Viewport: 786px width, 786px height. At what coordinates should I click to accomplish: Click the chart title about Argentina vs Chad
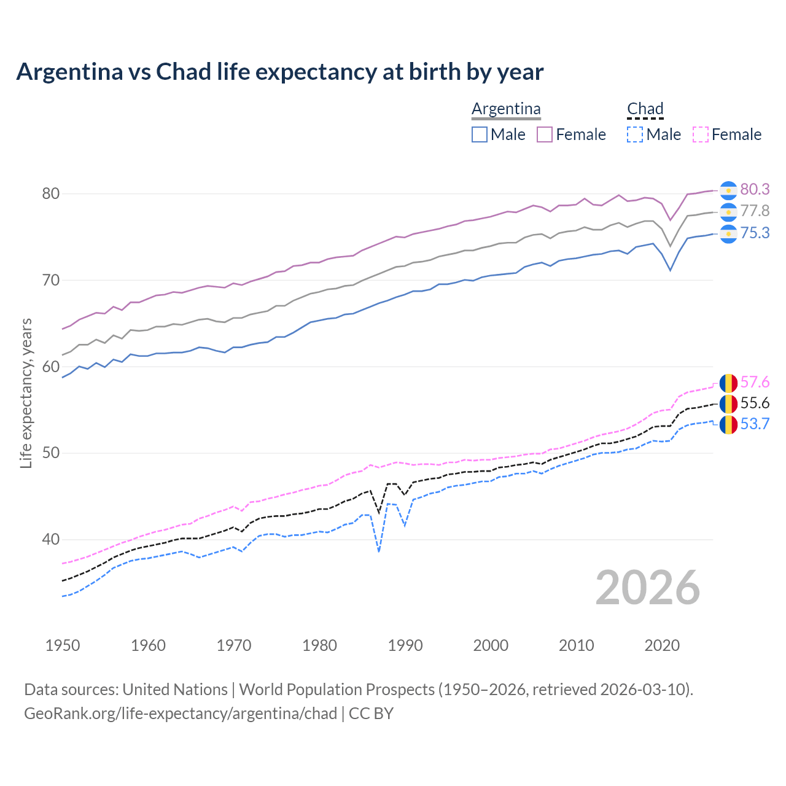280,72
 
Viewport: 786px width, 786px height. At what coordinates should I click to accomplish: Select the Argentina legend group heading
506,109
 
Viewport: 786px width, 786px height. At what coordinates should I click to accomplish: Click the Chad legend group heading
645,109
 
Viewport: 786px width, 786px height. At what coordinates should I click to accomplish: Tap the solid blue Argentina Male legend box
480,134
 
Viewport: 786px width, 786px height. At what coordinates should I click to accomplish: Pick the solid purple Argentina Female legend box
545,134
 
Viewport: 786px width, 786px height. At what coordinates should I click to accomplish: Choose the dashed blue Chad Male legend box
635,134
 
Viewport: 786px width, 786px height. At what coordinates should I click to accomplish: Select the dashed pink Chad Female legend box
701,134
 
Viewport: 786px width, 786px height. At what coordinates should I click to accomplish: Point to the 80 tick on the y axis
51,193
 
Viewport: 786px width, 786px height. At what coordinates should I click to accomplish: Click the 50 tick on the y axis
51,453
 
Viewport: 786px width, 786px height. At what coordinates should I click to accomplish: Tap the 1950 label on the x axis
63,645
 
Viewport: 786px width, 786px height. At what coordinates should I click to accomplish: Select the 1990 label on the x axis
405,645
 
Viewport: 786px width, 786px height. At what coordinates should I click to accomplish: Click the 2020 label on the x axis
662,645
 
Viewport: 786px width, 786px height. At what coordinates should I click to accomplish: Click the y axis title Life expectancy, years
26,393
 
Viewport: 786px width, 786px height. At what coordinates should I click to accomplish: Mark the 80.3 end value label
755,190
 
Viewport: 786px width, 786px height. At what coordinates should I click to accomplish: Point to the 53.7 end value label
755,424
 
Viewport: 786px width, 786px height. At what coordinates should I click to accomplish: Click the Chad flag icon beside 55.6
728,403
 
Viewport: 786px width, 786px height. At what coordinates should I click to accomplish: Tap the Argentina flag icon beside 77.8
728,212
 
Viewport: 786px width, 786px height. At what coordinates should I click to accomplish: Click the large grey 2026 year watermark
647,588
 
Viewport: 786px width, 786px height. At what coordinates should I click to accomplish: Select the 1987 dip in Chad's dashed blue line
379,551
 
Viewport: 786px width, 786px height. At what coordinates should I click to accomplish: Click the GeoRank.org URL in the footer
181,714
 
